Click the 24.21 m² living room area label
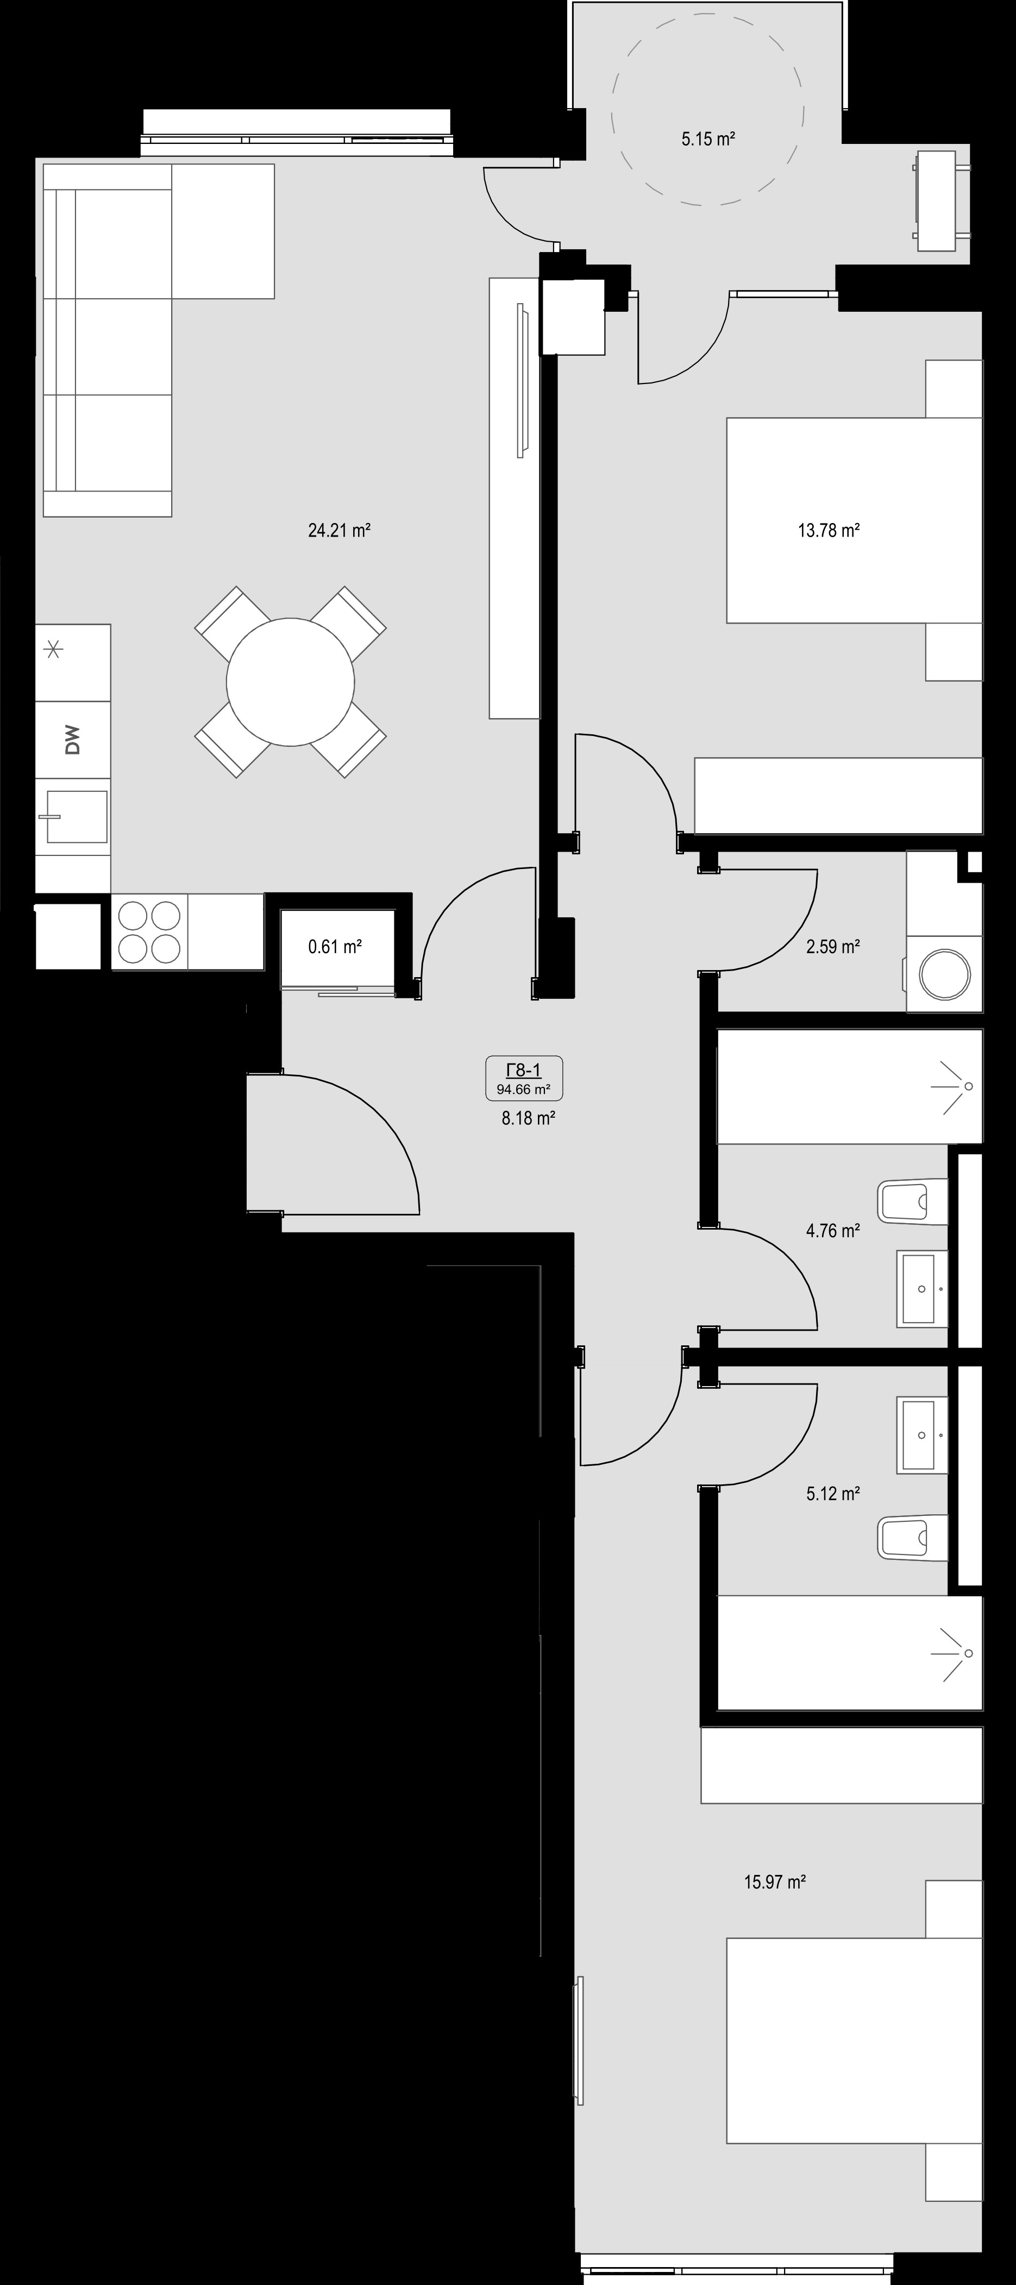339,531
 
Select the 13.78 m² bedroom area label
829,531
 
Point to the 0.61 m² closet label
335,947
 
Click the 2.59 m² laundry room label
832,947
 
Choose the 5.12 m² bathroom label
832,1494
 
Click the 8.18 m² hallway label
528,1118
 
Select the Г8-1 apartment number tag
524,1071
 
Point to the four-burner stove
149,931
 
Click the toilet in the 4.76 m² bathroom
912,1201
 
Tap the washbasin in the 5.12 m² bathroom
923,1434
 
